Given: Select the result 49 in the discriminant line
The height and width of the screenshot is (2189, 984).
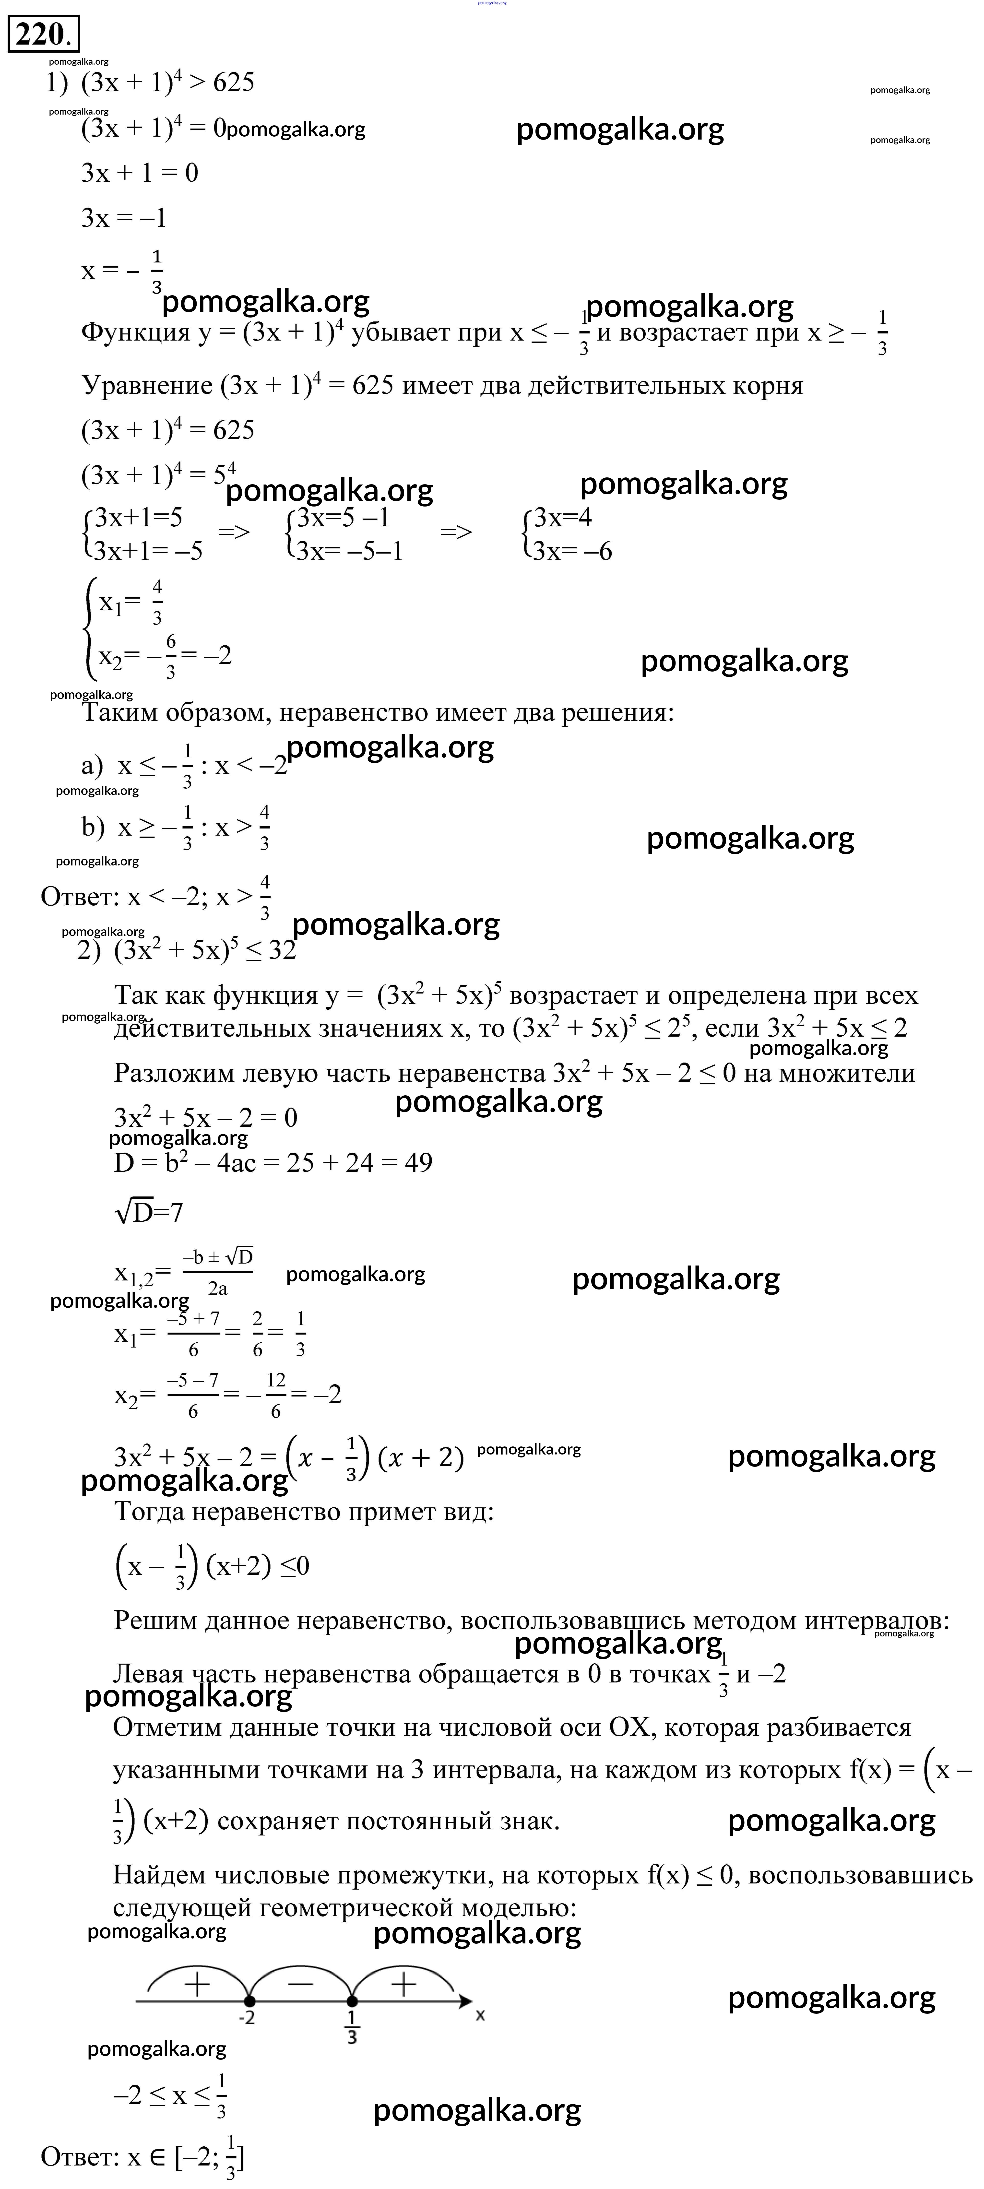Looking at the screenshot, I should point(416,1162).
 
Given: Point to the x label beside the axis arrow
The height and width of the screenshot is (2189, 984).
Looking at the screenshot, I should point(480,2014).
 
